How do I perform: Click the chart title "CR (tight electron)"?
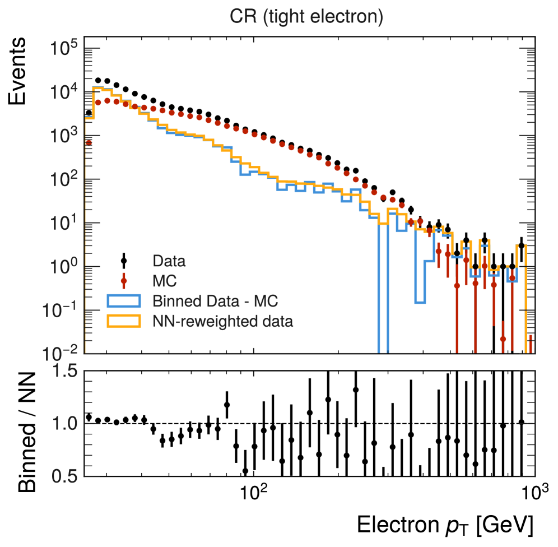306,17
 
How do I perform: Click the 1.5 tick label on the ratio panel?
63,371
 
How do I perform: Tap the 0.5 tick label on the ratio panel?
63,476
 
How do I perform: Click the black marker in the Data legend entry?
124,261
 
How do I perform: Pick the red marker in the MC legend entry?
124,281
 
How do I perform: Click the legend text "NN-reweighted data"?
223,321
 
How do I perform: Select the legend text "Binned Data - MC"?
215,301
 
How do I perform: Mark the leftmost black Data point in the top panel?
89,113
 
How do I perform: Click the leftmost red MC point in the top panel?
89,143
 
